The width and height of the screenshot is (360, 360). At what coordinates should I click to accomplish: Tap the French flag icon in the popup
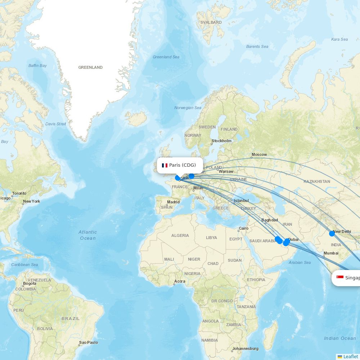[165, 165]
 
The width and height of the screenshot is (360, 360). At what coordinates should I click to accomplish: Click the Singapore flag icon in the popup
[340, 277]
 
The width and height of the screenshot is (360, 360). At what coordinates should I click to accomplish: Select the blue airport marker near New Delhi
[332, 233]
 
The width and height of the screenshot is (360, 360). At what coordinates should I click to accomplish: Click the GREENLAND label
[90, 67]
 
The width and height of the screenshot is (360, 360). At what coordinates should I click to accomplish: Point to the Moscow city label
[259, 154]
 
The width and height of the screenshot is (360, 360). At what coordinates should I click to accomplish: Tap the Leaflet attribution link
[350, 356]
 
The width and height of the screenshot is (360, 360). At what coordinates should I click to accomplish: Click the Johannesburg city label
[245, 348]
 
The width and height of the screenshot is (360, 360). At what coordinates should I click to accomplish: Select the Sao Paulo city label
[89, 342]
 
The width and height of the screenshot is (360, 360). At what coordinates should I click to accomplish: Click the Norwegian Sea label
[188, 108]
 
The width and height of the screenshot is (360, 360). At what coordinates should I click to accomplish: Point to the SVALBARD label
[211, 22]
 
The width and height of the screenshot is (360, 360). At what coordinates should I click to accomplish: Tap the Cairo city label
[244, 228]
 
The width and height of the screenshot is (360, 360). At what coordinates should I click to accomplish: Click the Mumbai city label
[331, 253]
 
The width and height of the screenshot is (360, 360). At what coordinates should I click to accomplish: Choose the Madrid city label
[173, 202]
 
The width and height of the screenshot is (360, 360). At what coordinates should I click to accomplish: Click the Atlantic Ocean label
[88, 235]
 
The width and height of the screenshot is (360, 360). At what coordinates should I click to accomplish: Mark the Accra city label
[180, 281]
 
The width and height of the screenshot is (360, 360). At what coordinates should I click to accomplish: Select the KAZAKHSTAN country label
[316, 181]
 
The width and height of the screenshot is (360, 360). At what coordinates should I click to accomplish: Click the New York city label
[32, 201]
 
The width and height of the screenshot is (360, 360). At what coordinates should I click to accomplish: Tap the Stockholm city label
[221, 141]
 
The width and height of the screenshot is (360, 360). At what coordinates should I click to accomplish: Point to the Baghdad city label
[270, 220]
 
